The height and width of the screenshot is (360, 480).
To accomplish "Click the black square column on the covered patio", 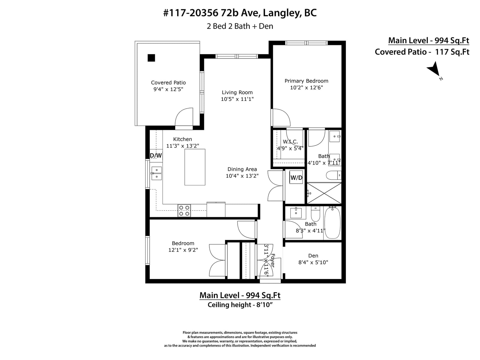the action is (x=151, y=58).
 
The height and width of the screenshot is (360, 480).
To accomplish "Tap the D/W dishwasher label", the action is (x=156, y=155).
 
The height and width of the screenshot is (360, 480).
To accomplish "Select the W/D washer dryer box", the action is (x=296, y=178).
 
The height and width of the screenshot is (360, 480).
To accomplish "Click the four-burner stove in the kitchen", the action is (x=184, y=211).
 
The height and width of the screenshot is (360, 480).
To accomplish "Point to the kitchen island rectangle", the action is (x=195, y=167).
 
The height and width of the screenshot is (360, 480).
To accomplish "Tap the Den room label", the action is (x=313, y=256).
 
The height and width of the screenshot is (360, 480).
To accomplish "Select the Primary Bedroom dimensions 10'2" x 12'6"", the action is (x=306, y=88).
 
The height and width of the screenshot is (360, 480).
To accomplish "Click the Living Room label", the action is (x=237, y=92).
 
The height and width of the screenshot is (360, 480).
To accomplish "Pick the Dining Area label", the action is (x=242, y=169).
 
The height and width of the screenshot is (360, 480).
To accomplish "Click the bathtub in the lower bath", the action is (x=332, y=223).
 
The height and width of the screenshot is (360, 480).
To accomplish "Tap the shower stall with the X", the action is (x=324, y=193).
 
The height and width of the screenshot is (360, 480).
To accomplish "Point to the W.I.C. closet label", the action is (x=290, y=142).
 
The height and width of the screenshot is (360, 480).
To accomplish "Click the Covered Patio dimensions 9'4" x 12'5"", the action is (x=168, y=89).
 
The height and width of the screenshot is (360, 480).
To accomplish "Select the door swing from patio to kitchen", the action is (x=184, y=117).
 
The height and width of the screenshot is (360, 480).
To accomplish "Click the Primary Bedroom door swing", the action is (x=280, y=117).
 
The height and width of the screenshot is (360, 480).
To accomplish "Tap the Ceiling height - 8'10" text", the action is (x=240, y=305).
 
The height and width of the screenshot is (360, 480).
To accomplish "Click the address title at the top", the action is (x=240, y=13).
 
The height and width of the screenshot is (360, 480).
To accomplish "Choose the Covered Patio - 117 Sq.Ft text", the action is (x=422, y=52).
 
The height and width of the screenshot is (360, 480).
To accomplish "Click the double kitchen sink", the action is (x=157, y=173).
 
